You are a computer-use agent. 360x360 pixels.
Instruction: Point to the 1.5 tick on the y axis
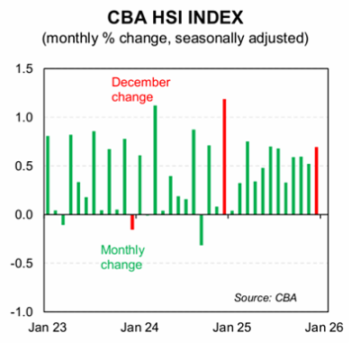click(x=21, y=69)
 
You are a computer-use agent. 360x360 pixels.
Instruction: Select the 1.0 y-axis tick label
click(x=21, y=118)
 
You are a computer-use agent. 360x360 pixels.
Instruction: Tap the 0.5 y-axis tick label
click(x=21, y=166)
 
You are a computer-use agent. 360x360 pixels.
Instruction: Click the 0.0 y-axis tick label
click(x=21, y=215)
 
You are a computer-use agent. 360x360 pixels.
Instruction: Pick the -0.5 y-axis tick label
click(x=19, y=264)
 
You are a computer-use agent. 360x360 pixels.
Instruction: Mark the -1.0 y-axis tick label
click(x=19, y=312)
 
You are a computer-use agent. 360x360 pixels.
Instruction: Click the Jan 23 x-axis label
click(x=46, y=329)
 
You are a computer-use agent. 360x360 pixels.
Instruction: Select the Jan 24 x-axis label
click(x=139, y=329)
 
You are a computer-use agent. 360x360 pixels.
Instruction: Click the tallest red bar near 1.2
click(x=224, y=157)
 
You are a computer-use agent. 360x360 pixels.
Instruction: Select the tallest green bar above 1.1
click(x=155, y=160)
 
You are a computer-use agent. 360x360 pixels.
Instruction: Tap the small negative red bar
click(x=132, y=222)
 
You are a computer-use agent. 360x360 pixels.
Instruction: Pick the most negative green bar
click(x=201, y=229)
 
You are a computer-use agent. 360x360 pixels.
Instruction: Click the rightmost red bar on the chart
click(x=317, y=181)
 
